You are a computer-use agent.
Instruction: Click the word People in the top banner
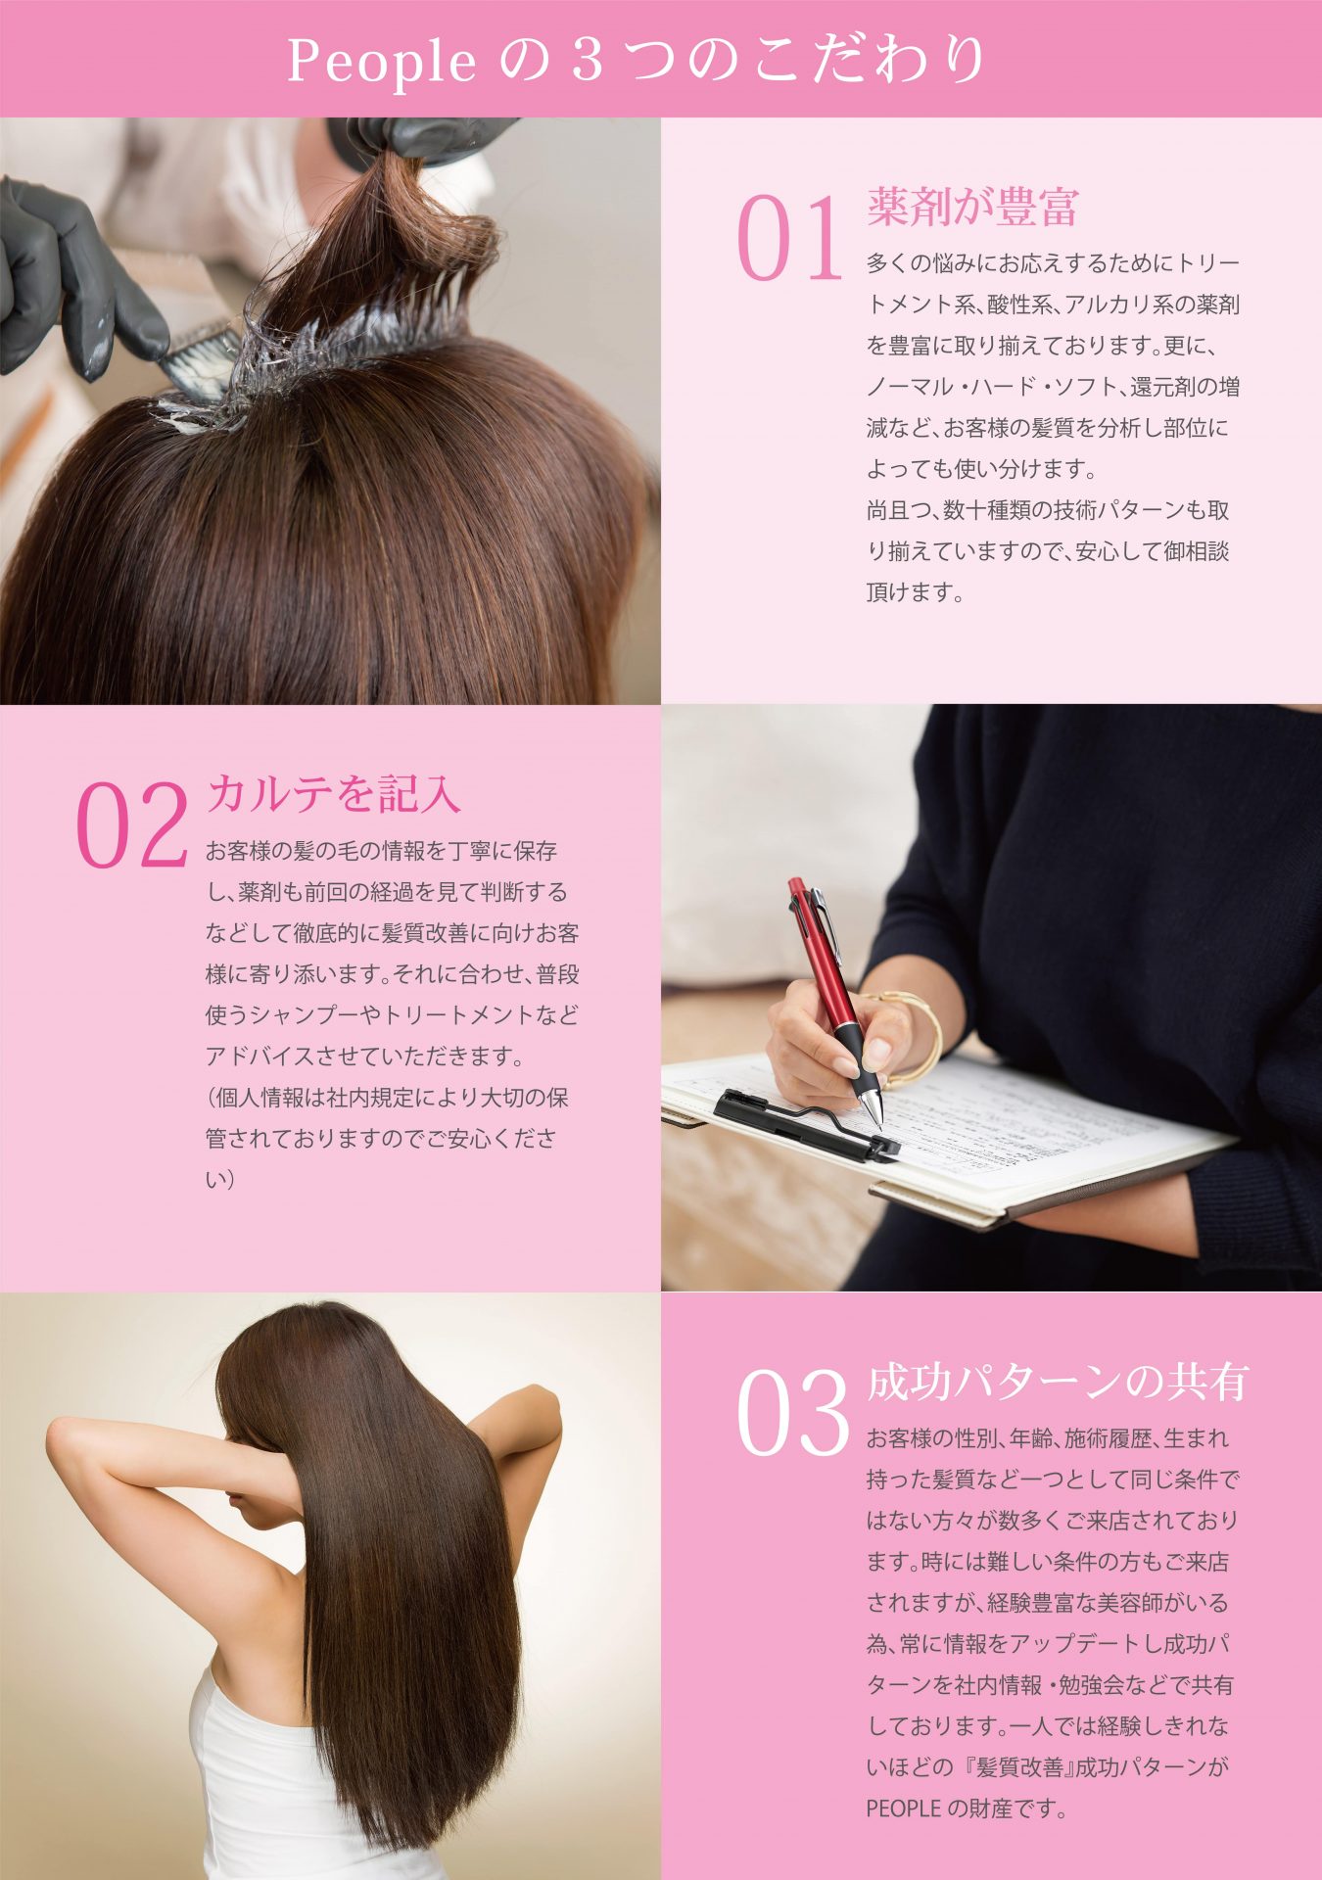(381, 62)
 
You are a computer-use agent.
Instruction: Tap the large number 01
(789, 239)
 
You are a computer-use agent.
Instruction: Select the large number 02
(131, 825)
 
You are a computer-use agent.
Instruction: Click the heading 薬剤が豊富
(972, 206)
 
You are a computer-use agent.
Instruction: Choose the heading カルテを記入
(333, 793)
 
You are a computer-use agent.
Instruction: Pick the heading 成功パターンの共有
(1058, 1382)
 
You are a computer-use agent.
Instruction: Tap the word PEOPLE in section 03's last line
(903, 1809)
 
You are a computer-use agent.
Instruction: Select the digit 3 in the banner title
(587, 62)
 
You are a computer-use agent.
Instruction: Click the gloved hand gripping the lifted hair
(421, 137)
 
